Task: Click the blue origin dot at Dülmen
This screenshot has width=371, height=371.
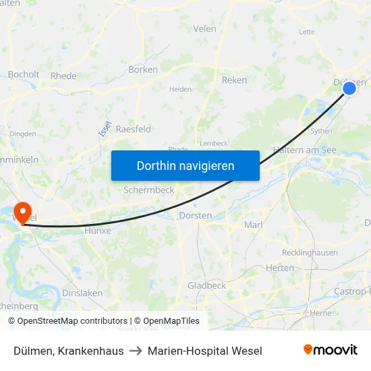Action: pos(349,88)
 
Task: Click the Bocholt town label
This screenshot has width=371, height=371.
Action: pos(24,75)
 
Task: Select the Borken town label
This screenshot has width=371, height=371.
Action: pos(143,69)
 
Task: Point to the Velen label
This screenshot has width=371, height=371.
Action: pos(204,29)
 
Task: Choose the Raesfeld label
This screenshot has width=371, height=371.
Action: pos(133,129)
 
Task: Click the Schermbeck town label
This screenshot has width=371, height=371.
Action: pos(148,190)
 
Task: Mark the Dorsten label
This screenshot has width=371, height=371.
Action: pos(196,215)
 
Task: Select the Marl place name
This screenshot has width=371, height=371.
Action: pos(253,225)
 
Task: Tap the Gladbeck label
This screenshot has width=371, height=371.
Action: pos(206,285)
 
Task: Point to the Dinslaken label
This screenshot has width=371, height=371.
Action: pos(82,293)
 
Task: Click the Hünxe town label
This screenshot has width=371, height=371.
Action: pos(97,230)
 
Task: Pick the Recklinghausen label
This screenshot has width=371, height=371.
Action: pos(310,253)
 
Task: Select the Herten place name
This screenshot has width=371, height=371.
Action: pos(280,268)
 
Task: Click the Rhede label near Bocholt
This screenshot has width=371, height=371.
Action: pos(63,76)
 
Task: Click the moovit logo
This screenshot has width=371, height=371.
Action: pos(330,350)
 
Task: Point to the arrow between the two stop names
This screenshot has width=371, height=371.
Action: pos(136,351)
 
